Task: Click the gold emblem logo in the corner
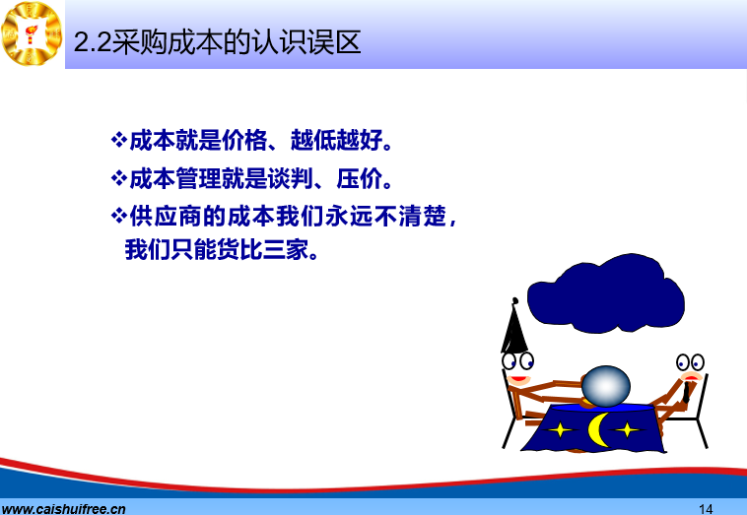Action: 32,33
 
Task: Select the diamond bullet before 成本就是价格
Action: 119,140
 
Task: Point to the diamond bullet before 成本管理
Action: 119,178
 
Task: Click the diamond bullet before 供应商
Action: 119,216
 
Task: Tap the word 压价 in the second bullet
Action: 359,179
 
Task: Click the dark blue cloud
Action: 606,293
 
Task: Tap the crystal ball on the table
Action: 606,386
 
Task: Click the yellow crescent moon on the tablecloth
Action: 597,429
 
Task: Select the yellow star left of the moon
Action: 560,429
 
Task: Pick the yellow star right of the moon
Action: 628,429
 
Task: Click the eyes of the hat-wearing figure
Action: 517,360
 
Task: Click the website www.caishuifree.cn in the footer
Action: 63,509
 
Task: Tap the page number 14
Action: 706,509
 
